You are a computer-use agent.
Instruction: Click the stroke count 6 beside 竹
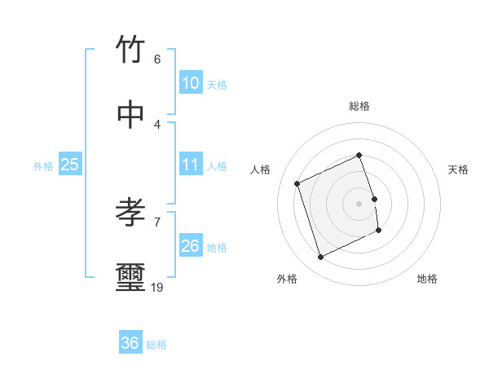click(157, 59)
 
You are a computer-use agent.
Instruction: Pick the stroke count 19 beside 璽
click(157, 287)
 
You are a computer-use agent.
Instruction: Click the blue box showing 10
click(190, 83)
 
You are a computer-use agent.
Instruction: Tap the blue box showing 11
click(190, 165)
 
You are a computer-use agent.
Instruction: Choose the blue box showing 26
click(190, 246)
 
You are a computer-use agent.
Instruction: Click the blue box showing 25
click(69, 165)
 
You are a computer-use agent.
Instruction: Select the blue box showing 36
click(130, 343)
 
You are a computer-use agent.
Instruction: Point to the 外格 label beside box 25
click(43, 166)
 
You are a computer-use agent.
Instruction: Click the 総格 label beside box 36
click(156, 345)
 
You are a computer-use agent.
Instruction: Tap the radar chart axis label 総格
click(359, 106)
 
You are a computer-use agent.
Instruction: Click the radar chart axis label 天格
click(458, 169)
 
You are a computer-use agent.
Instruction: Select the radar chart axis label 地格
click(427, 279)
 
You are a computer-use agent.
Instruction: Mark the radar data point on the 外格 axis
click(320, 258)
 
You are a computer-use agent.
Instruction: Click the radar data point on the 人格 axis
click(297, 183)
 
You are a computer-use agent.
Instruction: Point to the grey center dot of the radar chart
click(359, 204)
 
